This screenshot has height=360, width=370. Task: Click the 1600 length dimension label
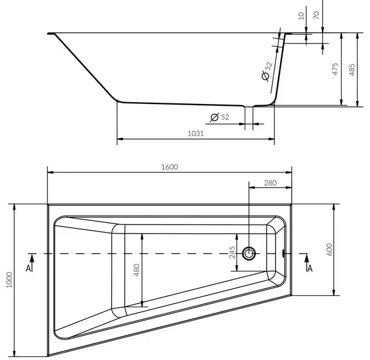pyautogui.click(x=170, y=167)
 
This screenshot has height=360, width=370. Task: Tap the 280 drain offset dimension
pyautogui.click(x=270, y=183)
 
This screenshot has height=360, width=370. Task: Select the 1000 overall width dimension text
pyautogui.click(x=9, y=280)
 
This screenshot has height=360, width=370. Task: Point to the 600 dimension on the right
pyautogui.click(x=329, y=250)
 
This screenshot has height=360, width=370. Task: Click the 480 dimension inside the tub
pyautogui.click(x=137, y=270)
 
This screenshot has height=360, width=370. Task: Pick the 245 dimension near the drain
pyautogui.click(x=232, y=252)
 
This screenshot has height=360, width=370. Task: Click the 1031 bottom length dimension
pyautogui.click(x=195, y=134)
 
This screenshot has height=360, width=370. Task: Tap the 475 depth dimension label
pyautogui.click(x=335, y=69)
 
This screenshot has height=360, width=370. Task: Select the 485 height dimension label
pyautogui.click(x=352, y=70)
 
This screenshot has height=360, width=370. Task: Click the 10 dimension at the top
pyautogui.click(x=301, y=16)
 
